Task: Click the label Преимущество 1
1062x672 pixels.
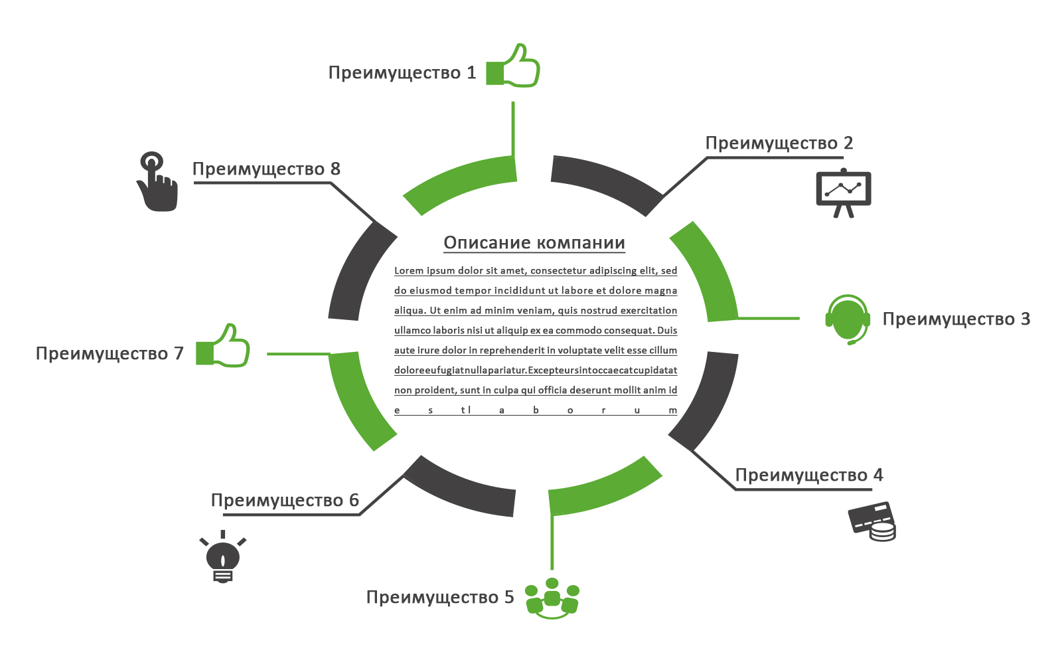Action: [x=402, y=73]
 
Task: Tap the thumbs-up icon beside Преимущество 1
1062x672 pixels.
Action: [x=514, y=67]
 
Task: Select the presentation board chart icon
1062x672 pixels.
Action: [x=843, y=193]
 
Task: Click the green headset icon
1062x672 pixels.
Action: [x=848, y=319]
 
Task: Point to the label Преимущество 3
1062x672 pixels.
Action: [x=956, y=319]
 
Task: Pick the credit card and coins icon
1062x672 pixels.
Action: [x=872, y=521]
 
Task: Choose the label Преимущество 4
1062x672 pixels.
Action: [x=808, y=475]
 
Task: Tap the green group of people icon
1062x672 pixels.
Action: [x=552, y=598]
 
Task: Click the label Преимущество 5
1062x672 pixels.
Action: [x=440, y=598]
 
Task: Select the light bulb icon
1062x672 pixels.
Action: [x=223, y=558]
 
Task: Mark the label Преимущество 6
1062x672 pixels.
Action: [x=285, y=501]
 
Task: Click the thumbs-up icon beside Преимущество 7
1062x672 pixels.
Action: [x=224, y=347]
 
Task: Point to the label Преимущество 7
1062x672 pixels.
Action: [x=110, y=354]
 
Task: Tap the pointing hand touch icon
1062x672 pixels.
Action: [x=157, y=182]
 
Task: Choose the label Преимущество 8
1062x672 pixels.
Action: [x=266, y=169]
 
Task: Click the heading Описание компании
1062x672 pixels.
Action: [x=534, y=243]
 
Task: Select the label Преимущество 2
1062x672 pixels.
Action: [x=779, y=143]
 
